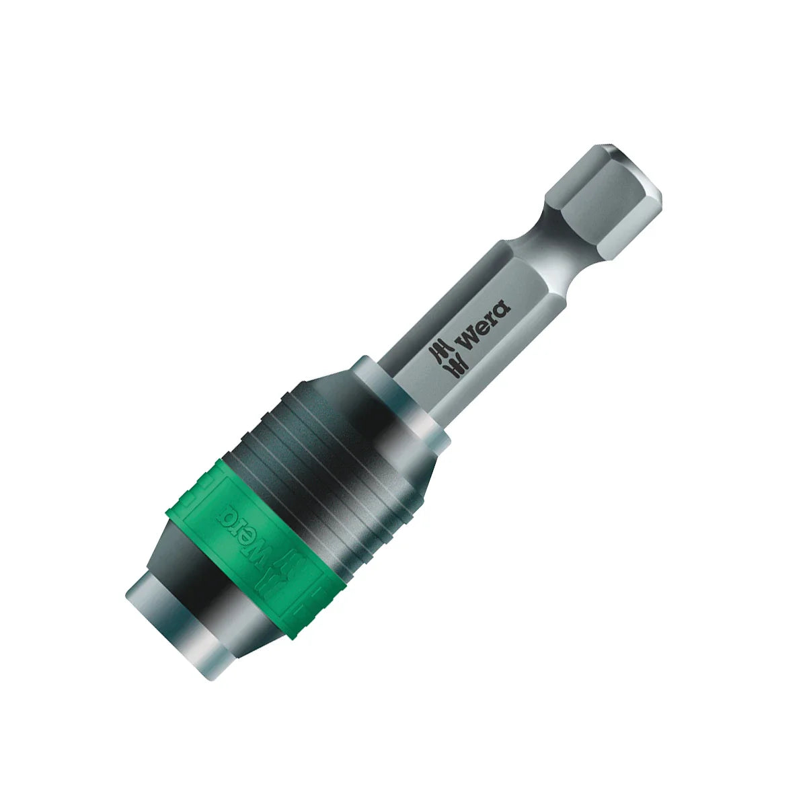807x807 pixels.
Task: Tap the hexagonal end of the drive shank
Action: [585, 188]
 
